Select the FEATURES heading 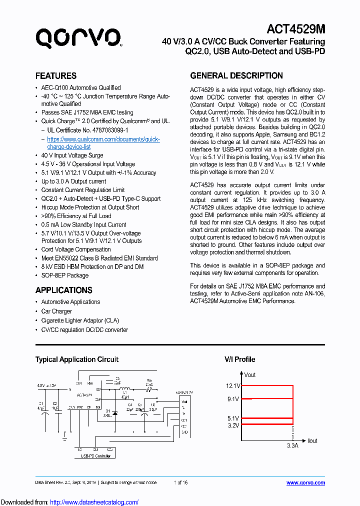pos(55,76)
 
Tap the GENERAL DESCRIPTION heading pos(236,76)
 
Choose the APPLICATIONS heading pos(63,290)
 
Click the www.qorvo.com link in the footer pos(305,482)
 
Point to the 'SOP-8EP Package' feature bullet pos(64,275)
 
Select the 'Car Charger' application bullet pos(56,311)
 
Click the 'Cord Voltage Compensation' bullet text pos(76,249)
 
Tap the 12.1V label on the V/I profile pos(233,386)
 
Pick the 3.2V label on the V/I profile pos(234,425)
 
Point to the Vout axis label pos(249,374)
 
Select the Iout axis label pos(312,440)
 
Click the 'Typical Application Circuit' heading pos(76,359)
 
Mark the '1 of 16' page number pos(180,482)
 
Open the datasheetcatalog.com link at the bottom pos(94,502)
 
